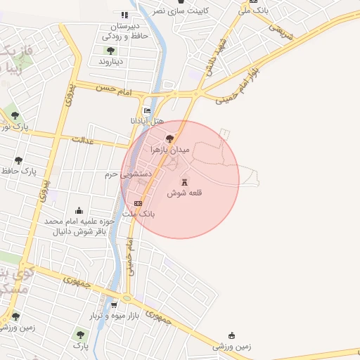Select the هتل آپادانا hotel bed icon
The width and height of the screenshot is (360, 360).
tap(147, 110)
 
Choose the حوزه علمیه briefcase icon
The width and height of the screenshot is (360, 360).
tap(79, 210)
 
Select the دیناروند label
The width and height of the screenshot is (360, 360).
tap(110, 62)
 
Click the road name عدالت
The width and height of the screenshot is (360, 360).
tap(82, 140)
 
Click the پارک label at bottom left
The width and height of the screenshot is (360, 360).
tap(82, 347)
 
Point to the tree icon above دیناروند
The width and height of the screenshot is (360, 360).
tap(110, 50)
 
